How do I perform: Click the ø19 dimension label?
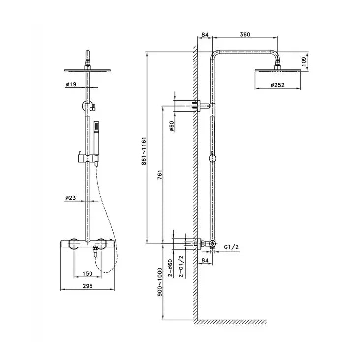pyautogui.click(x=71, y=85)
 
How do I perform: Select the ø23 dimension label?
pyautogui.click(x=71, y=198)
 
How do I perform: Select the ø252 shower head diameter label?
pyautogui.click(x=279, y=85)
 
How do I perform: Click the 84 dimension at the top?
pyautogui.click(x=205, y=34)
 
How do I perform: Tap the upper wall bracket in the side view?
pyautogui.click(x=203, y=105)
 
